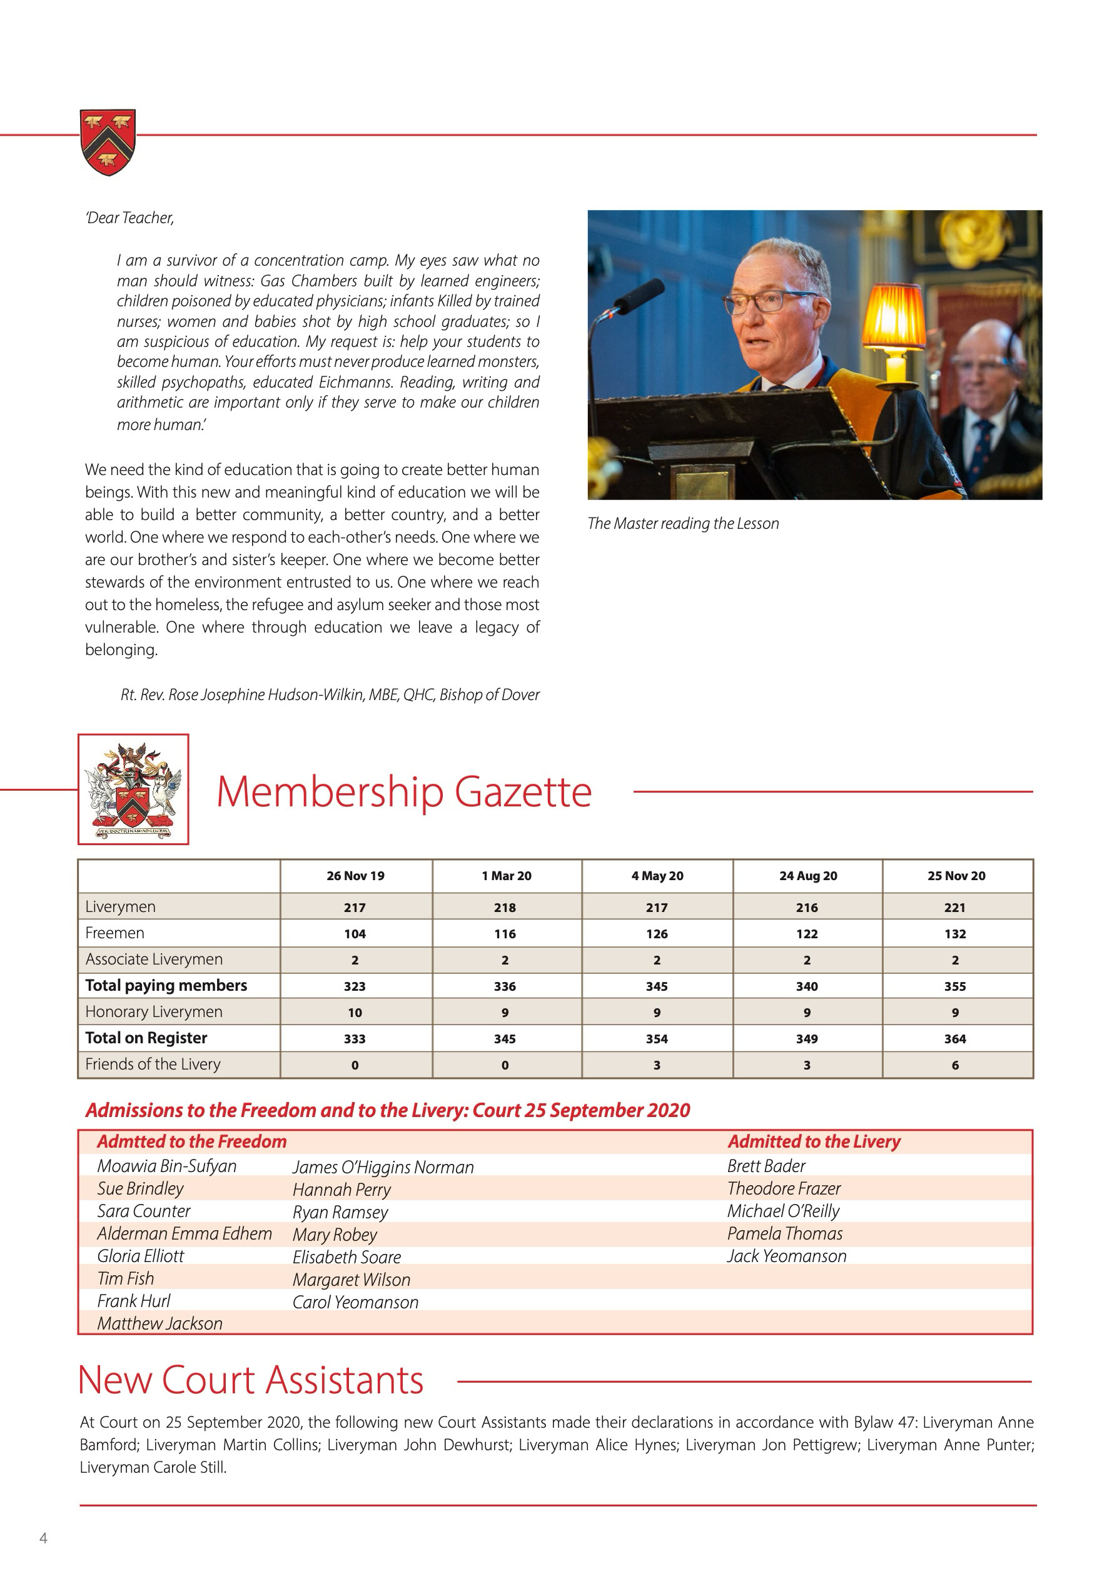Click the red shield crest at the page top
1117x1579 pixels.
pos(108,142)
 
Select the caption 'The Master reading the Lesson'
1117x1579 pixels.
pos(683,523)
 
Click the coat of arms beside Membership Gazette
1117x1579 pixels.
pos(133,790)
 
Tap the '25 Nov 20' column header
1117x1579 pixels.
pos(956,876)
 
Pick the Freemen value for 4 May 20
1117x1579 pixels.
pos(657,934)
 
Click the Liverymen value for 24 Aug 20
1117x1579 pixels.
pos(807,908)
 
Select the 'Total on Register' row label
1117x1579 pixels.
pos(146,1038)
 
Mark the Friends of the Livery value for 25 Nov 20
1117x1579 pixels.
pos(955,1065)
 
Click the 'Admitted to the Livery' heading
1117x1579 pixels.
pos(814,1141)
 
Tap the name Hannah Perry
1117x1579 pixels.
pos(341,1190)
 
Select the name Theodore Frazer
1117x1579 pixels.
pos(784,1188)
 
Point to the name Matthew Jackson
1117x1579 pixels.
pos(159,1323)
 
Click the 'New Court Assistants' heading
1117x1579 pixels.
pos(251,1380)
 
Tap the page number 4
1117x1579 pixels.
pos(43,1538)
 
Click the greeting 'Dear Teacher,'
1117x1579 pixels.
pos(129,218)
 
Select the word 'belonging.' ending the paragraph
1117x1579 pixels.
pos(121,650)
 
